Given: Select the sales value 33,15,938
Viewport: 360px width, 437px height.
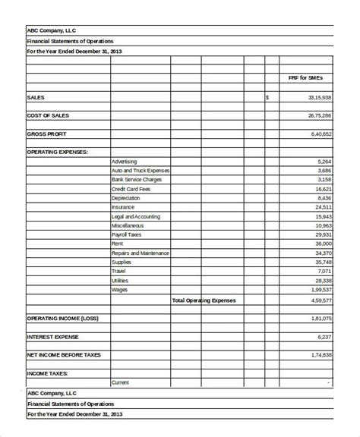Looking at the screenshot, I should click(319, 98).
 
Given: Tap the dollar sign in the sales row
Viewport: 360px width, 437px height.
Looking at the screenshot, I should click(267, 98).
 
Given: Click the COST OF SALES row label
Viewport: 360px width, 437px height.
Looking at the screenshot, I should click(49, 115).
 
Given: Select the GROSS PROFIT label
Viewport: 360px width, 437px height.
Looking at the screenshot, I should click(47, 134).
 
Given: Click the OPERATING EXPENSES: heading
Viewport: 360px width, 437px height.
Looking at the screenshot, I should click(57, 152).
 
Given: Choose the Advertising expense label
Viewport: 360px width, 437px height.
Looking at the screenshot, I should click(125, 162).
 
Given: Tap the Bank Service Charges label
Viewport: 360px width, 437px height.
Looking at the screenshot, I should click(136, 180).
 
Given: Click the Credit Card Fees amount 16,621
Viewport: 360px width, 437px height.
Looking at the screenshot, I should click(323, 189).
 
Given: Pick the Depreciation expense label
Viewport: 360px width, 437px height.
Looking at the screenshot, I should click(125, 198).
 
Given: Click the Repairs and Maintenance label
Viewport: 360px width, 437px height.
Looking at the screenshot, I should click(140, 253).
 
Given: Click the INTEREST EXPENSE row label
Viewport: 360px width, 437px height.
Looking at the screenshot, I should click(54, 336).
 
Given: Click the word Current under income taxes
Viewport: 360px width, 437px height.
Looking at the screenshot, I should click(120, 382).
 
